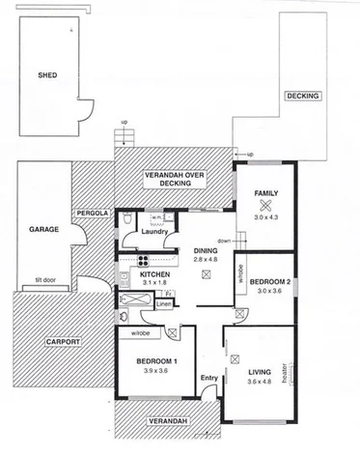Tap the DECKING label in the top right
pos(303,97)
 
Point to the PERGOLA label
pos(93,212)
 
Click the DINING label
pos(204,249)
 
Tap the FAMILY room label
pos(265,193)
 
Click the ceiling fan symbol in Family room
pos(265,205)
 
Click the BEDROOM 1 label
pos(143,361)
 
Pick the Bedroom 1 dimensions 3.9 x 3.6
pos(143,372)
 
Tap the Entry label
pos(208,378)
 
